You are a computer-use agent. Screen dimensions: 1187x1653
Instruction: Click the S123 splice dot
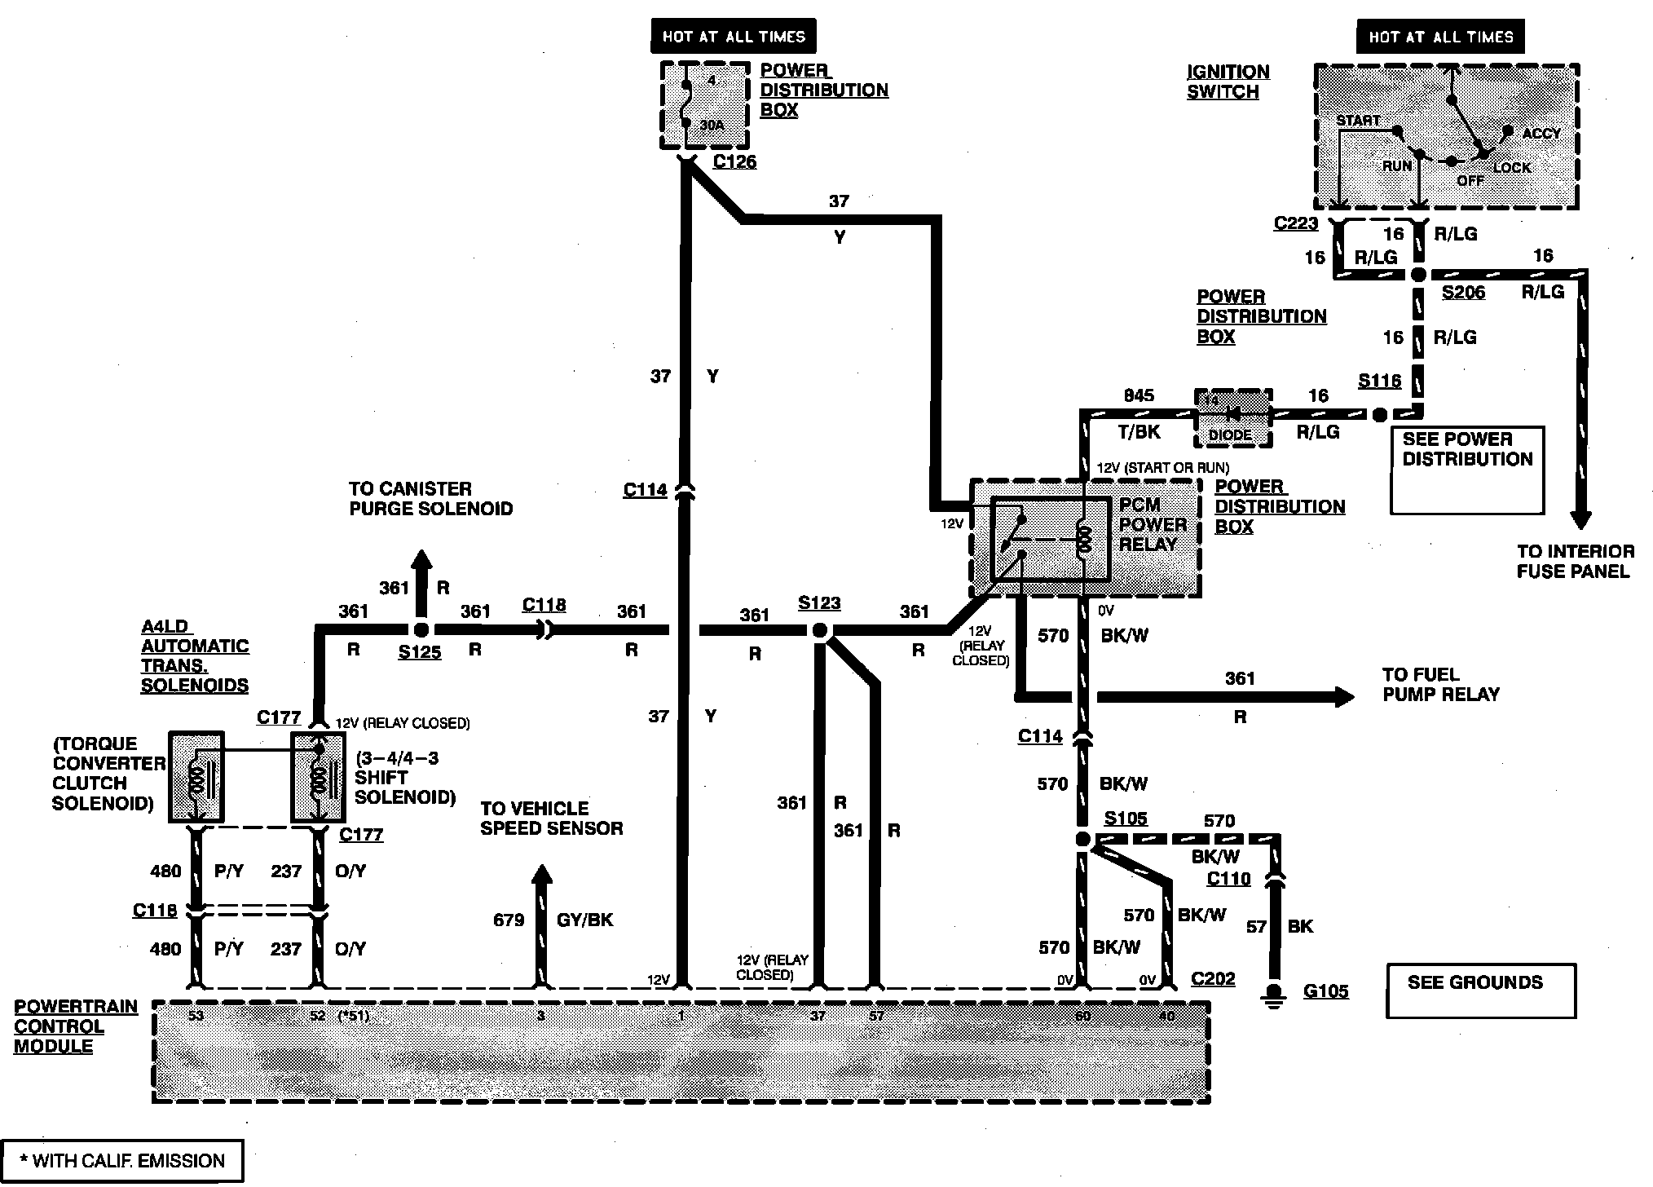(x=820, y=630)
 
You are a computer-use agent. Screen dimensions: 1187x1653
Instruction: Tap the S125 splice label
(x=420, y=652)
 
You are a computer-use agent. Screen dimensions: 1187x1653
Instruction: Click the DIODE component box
(x=1232, y=417)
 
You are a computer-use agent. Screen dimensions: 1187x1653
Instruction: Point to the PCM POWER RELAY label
(x=1152, y=524)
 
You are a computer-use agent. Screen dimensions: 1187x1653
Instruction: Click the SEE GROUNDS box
(x=1481, y=991)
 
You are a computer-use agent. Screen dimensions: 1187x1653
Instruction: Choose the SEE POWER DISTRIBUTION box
(x=1467, y=470)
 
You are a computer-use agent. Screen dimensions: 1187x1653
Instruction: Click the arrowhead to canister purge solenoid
(x=421, y=561)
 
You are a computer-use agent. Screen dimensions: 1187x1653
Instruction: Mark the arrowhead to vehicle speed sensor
(x=541, y=874)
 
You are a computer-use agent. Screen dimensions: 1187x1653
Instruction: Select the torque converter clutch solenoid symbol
(x=196, y=777)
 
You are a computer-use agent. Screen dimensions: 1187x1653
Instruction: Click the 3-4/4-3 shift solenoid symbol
(x=319, y=777)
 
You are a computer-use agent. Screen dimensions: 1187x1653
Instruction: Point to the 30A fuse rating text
(x=712, y=126)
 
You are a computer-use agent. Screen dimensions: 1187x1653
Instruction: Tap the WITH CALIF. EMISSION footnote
(x=122, y=1161)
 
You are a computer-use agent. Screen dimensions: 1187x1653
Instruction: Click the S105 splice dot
(x=1082, y=839)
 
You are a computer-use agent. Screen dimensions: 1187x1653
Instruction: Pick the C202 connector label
(x=1213, y=978)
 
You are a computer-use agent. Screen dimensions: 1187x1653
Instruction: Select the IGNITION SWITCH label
(x=1228, y=82)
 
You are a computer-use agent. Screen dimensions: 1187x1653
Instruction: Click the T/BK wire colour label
(x=1139, y=432)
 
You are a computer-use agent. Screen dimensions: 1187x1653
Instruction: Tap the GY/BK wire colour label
(x=584, y=920)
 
